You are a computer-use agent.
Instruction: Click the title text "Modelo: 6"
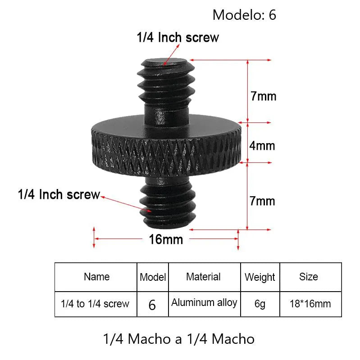(244, 15)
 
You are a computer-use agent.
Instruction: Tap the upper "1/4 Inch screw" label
(178, 37)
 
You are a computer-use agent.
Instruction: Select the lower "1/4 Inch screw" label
(59, 195)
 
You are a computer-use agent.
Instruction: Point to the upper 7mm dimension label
(263, 96)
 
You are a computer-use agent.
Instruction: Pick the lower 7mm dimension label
(262, 201)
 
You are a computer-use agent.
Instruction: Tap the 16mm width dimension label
(166, 239)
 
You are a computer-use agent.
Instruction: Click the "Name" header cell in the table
(96, 277)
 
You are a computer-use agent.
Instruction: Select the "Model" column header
(153, 277)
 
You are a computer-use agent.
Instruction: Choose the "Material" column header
(203, 277)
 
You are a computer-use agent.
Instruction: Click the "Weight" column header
(260, 277)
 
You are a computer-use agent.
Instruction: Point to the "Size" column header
(308, 277)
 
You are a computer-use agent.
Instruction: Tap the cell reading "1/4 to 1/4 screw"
(95, 304)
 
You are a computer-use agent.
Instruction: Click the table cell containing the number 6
(152, 305)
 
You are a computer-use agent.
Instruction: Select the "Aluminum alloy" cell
(204, 302)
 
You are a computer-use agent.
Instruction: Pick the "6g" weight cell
(260, 304)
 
